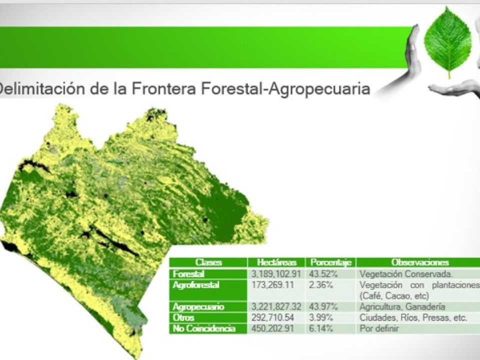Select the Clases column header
(x=208, y=262)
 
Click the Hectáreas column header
(x=276, y=262)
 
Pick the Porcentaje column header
(x=330, y=262)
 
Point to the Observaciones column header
(x=420, y=262)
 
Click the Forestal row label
(x=188, y=273)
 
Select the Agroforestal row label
(x=196, y=285)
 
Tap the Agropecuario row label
(x=198, y=307)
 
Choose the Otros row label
(x=183, y=318)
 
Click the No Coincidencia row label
(x=204, y=329)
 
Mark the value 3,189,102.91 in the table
(x=276, y=273)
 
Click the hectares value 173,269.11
(x=273, y=285)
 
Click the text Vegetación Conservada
(x=406, y=274)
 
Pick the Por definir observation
(x=379, y=329)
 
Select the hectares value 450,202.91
(x=273, y=329)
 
